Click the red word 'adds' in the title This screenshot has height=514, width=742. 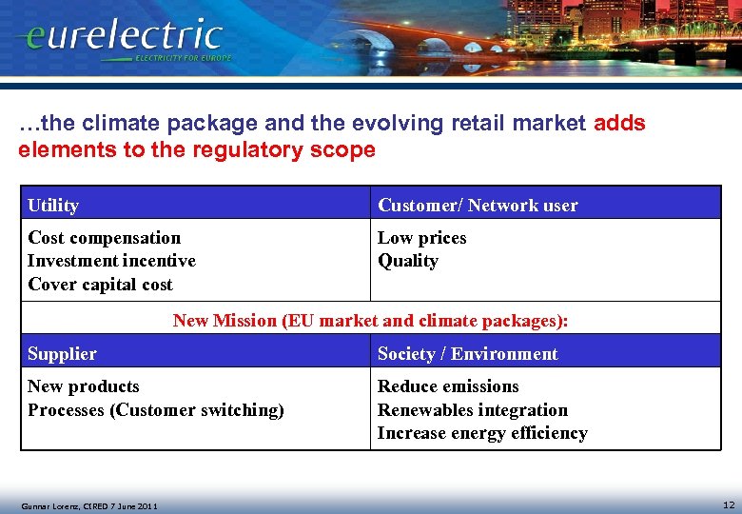[619, 124]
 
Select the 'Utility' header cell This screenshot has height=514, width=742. [53, 206]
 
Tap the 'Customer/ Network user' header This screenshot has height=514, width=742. [478, 206]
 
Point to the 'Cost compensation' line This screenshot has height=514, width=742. [104, 238]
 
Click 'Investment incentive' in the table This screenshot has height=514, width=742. [111, 261]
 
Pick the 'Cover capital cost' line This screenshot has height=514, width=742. [100, 285]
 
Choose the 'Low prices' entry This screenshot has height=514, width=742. [422, 238]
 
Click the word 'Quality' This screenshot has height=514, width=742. [408, 261]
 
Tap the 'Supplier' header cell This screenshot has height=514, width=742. [62, 354]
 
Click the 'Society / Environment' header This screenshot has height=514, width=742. [468, 354]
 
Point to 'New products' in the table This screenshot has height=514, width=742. [84, 386]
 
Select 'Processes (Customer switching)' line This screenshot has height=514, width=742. [156, 410]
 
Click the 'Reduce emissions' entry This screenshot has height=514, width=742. [448, 386]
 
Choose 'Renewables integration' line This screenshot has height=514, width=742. [473, 410]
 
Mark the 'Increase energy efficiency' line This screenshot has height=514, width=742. [482, 433]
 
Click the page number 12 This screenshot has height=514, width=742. [729, 504]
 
